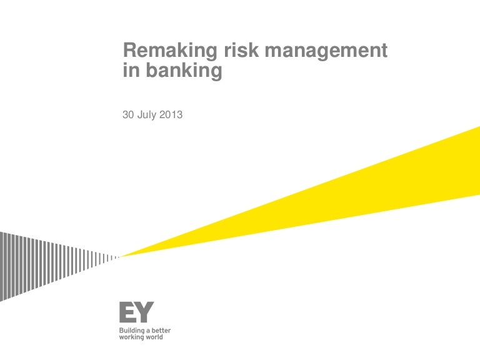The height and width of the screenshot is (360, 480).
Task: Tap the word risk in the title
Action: coord(229,51)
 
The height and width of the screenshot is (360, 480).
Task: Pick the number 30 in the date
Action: coord(128,114)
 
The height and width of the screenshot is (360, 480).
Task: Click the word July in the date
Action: coord(148,115)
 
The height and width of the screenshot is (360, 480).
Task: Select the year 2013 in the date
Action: coord(172,114)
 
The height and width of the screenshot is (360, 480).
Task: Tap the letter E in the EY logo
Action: coord(127,312)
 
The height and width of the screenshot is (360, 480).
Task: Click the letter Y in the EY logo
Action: coord(145,312)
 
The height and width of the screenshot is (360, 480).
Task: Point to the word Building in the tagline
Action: coord(132,330)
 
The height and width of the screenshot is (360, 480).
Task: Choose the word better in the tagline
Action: coord(161,330)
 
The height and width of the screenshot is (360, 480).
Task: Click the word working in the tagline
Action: coord(131,337)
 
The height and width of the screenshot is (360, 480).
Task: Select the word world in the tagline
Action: coord(154,337)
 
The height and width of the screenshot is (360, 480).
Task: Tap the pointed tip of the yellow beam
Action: coord(121,256)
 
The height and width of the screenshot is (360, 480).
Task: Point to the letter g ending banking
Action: coord(217,72)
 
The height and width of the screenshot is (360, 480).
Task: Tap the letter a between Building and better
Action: coord(149,330)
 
